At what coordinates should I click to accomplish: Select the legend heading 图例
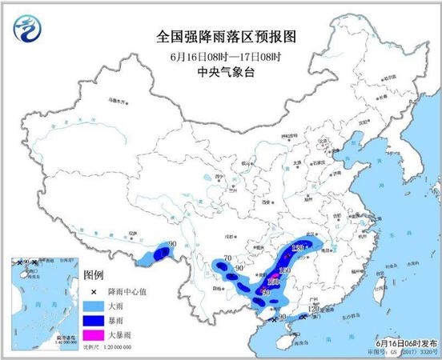pyautogui.click(x=95, y=273)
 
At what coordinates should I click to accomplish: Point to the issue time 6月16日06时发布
pyautogui.click(x=404, y=341)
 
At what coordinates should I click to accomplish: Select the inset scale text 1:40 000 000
pyautogui.click(x=40, y=341)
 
